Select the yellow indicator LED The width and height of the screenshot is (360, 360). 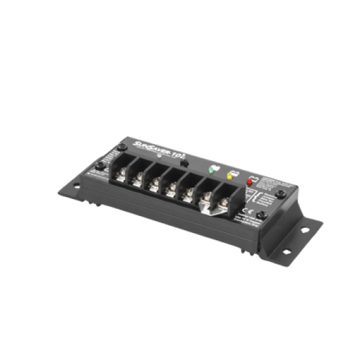[x=230, y=175]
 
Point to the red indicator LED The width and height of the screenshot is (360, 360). [x=249, y=182]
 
